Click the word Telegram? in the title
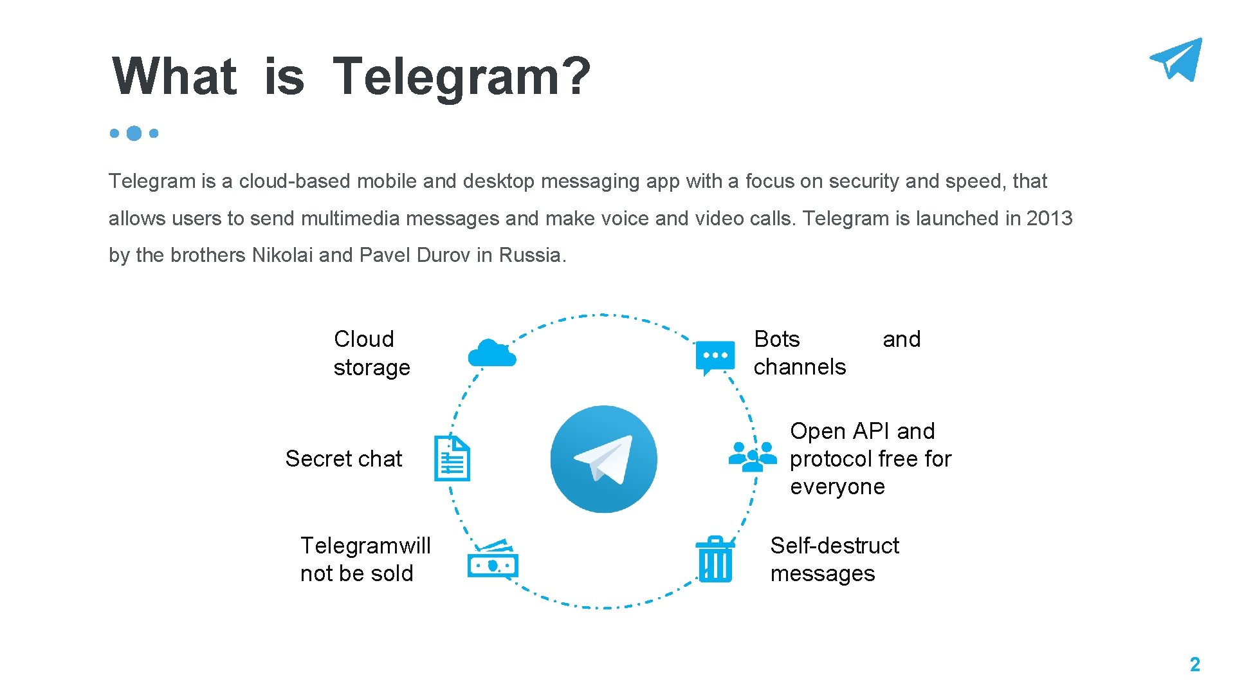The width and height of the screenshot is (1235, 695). pos(461,77)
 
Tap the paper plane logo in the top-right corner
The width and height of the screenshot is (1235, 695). pos(1177,59)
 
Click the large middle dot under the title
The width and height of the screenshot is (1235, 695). pos(134,133)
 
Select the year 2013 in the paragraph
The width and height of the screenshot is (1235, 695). pos(1049,218)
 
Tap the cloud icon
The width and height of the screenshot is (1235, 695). pos(492,353)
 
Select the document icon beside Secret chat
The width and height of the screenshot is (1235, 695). pos(452,459)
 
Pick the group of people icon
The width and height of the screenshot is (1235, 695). pos(752,457)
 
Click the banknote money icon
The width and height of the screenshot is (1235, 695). pos(493,560)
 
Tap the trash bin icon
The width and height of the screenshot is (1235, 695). pos(715,559)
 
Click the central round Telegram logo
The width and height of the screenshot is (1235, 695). pos(603,459)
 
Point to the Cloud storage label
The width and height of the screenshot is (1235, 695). pos(371,353)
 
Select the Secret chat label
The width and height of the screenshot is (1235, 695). pos(343,459)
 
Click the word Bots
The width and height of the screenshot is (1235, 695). pos(776,339)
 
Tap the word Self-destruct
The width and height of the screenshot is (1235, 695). pos(834,546)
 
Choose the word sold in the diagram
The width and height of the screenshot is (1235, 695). pos(391,573)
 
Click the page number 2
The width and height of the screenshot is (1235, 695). pos(1194,664)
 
